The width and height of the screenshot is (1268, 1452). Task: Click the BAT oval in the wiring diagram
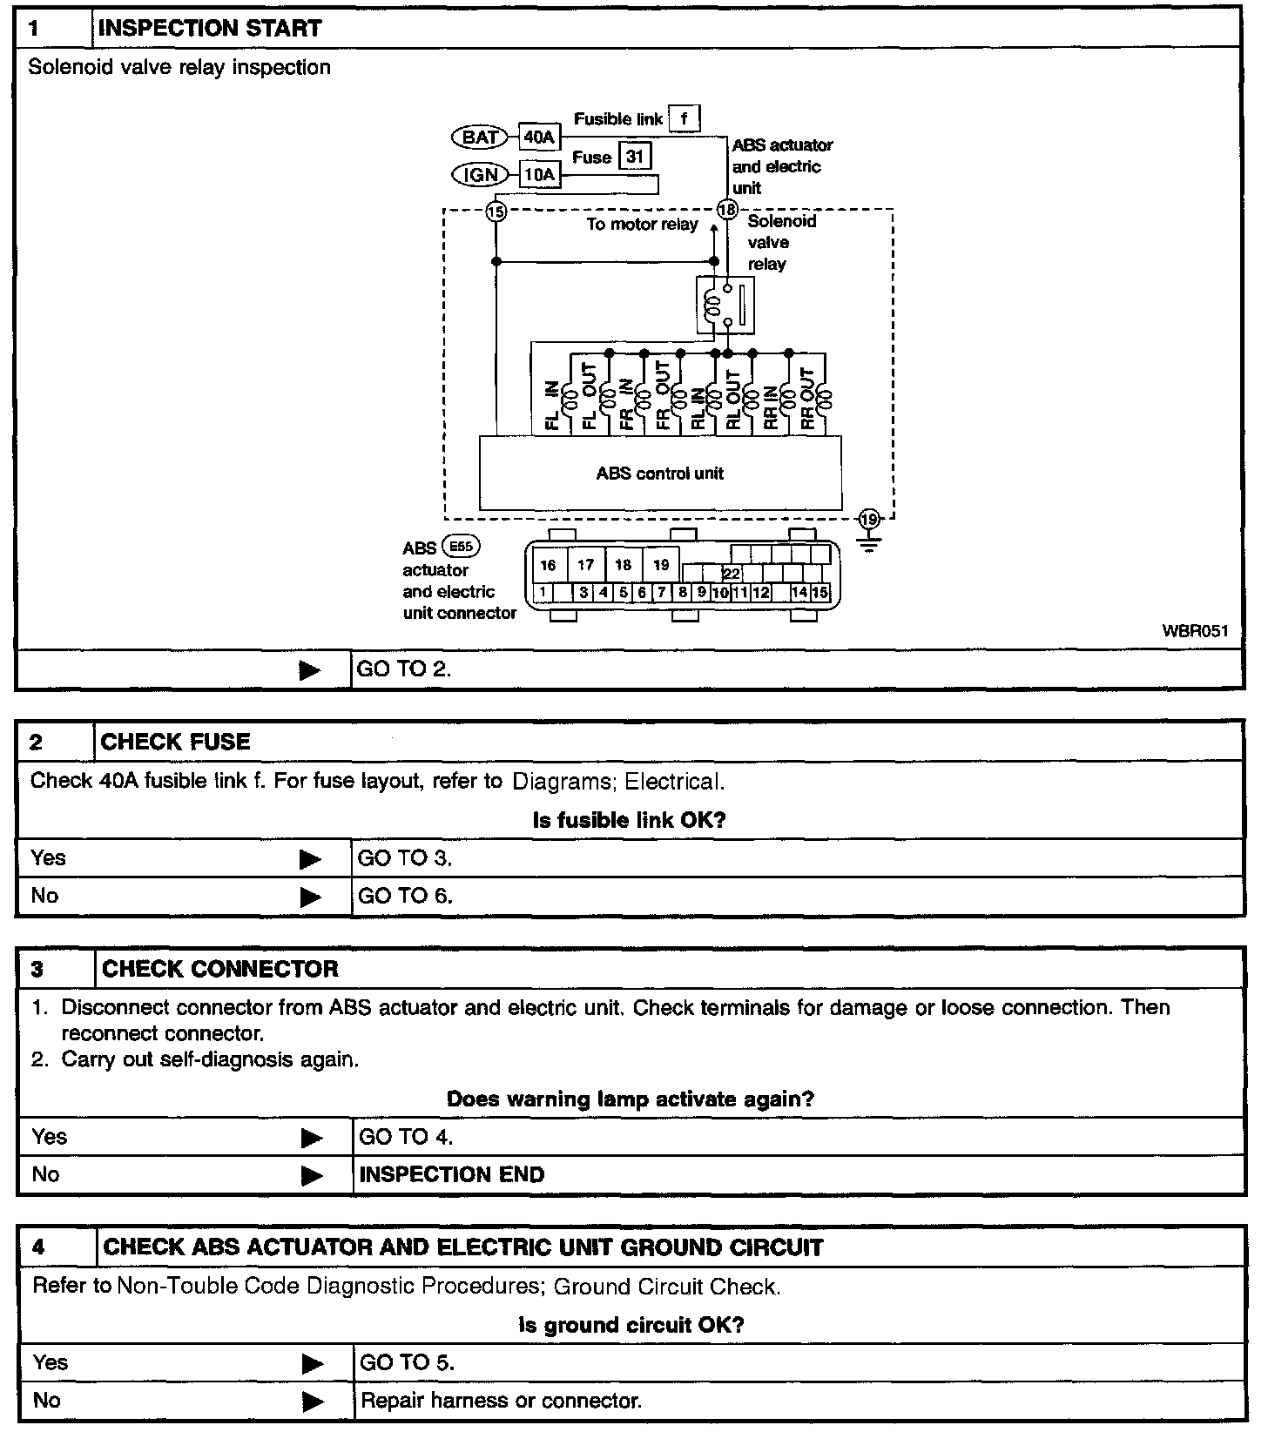click(479, 137)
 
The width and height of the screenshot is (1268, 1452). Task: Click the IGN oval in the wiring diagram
click(480, 175)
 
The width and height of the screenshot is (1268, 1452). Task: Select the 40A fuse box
click(539, 137)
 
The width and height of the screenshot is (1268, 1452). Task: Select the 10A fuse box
click(539, 175)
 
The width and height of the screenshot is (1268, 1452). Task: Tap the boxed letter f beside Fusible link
click(685, 118)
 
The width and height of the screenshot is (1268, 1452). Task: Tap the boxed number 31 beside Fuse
click(635, 157)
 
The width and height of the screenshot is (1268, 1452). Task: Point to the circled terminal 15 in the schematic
click(496, 211)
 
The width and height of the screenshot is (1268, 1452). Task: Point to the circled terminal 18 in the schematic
click(726, 210)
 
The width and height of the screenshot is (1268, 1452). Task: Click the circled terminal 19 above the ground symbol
click(869, 521)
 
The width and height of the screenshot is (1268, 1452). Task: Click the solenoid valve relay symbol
click(725, 305)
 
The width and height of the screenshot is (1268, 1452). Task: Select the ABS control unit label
click(660, 474)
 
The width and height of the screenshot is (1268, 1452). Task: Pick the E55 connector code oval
click(461, 547)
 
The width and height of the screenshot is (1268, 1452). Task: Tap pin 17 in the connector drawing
click(586, 565)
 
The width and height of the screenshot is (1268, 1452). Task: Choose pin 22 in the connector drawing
click(732, 575)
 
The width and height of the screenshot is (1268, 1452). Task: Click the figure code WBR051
click(1195, 631)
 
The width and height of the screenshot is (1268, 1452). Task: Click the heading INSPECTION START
click(210, 29)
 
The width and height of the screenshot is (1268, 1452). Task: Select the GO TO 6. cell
click(405, 896)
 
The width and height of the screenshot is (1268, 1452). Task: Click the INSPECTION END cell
click(452, 1174)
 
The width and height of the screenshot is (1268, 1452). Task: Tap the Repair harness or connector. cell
click(501, 1401)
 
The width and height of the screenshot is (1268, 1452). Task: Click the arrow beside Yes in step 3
click(311, 1138)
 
